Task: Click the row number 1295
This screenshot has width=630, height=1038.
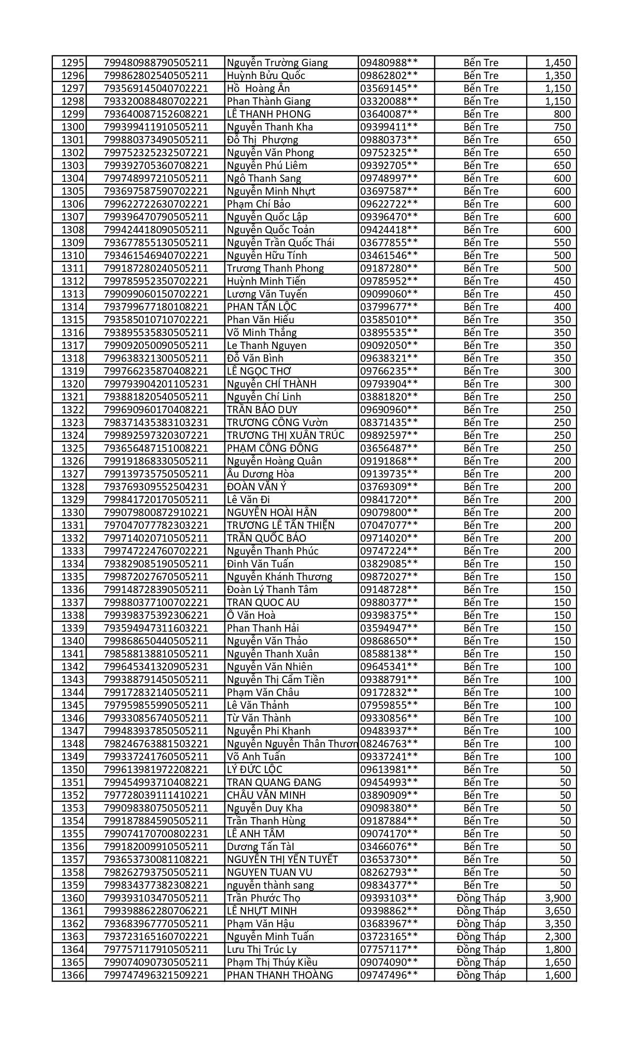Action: [x=73, y=63]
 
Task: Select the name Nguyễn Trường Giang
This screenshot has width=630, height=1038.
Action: [x=277, y=63]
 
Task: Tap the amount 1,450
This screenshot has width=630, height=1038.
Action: [x=558, y=63]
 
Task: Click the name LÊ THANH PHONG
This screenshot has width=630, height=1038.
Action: [x=268, y=114]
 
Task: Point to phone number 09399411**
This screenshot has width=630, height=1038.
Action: [x=389, y=127]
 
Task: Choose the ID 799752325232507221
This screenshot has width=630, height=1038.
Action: [x=156, y=153]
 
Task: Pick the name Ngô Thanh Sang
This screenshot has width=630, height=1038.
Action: [x=264, y=178]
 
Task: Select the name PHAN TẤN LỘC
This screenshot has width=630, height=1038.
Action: [x=261, y=307]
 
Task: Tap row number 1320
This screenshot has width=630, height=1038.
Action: [x=73, y=384]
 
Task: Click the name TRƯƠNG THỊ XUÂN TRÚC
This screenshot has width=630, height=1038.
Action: [x=286, y=435]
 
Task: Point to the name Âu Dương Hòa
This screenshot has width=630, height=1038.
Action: [x=260, y=474]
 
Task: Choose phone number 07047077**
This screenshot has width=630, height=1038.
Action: [x=389, y=525]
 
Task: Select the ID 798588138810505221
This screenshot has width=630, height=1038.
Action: [x=156, y=654]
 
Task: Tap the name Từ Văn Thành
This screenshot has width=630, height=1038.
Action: [x=258, y=718]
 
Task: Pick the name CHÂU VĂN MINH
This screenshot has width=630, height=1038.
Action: [x=266, y=795]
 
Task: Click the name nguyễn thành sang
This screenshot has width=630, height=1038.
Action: [x=270, y=885]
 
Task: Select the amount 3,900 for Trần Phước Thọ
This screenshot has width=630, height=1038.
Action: [x=558, y=898]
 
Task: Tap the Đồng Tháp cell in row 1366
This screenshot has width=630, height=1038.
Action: [x=481, y=975]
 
